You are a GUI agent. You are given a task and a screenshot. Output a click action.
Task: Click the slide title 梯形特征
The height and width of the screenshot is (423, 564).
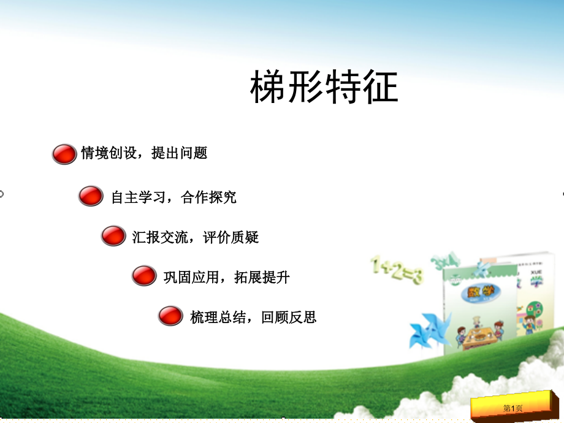tap(324, 88)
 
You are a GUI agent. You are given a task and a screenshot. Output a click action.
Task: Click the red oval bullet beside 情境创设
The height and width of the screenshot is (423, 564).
tap(64, 154)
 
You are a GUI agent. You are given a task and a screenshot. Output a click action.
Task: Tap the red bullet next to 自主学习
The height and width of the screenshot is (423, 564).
tap(91, 197)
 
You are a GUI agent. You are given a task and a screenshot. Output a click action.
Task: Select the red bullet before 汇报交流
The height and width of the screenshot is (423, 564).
tap(113, 237)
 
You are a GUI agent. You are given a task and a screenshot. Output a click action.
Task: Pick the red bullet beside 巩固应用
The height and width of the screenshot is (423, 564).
tap(144, 276)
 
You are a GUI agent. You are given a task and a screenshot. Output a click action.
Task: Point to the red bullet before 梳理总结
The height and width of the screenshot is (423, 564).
tap(170, 316)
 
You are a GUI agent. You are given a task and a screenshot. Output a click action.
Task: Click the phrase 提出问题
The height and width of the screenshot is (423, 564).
tap(180, 153)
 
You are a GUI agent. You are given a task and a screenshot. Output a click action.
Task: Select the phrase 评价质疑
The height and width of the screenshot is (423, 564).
tap(231, 237)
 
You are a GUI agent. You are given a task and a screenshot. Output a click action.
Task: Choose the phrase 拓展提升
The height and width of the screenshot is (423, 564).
tap(262, 277)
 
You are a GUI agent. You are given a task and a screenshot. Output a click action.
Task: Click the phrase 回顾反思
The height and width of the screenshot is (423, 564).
tap(289, 317)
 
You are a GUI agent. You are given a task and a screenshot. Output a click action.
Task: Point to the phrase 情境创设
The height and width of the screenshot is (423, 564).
tap(109, 153)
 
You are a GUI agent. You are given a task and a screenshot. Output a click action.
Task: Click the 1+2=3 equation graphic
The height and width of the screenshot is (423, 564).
tap(396, 270)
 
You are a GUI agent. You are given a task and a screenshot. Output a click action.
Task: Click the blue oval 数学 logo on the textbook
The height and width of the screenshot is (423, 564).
tap(475, 293)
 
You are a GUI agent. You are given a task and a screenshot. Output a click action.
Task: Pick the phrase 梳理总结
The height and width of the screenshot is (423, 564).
tap(218, 317)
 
